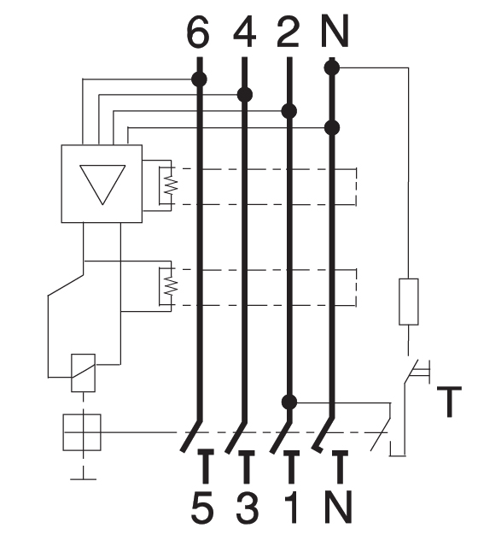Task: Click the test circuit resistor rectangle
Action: (x=409, y=302)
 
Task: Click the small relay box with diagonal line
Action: (x=83, y=373)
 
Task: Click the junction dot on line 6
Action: (x=199, y=79)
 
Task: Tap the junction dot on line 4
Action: (x=245, y=94)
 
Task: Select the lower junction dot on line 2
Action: (x=290, y=401)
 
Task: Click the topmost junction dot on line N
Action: (x=334, y=65)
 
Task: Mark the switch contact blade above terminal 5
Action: (x=192, y=438)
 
